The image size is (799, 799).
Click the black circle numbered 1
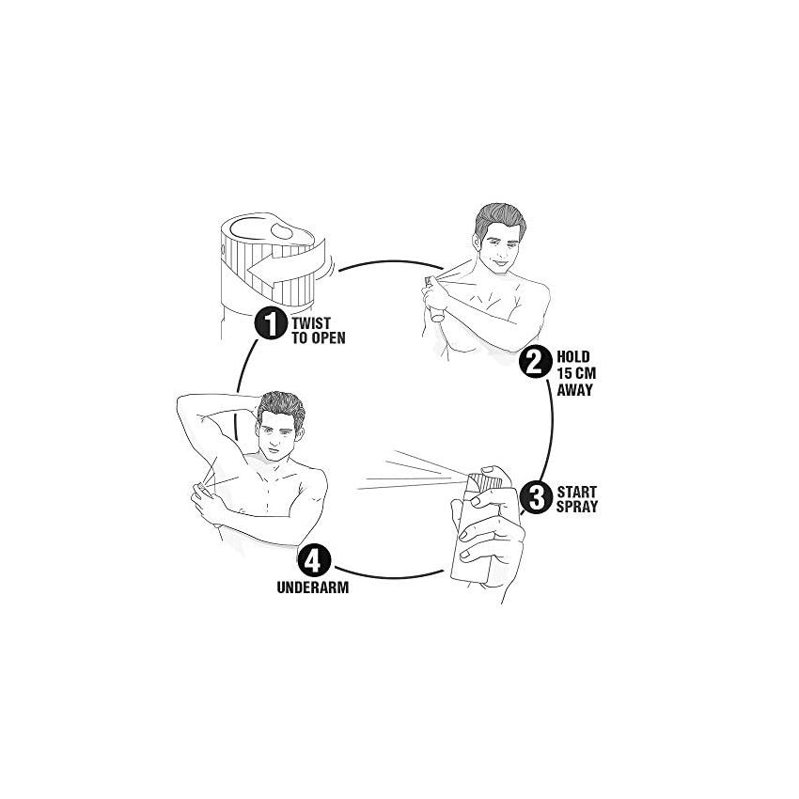point(271,322)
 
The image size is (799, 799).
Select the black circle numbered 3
point(536,497)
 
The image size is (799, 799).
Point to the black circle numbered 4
point(314,561)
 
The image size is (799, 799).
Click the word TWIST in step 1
point(311,323)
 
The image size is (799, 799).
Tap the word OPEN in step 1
point(328,337)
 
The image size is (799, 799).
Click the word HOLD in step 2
point(572,356)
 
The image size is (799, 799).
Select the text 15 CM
point(576,373)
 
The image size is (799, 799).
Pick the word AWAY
point(574,390)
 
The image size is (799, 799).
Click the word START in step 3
point(577,492)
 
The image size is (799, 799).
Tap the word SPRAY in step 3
point(577,507)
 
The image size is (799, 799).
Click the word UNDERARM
point(313,587)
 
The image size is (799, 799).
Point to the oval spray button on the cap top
point(282,231)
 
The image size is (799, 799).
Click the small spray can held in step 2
point(434,301)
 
